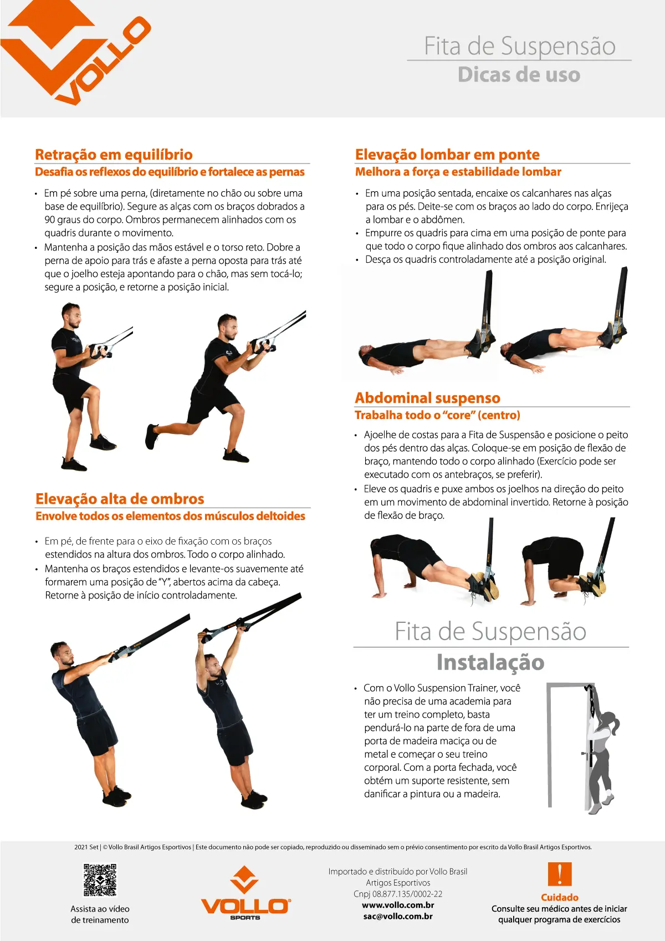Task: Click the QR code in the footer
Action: (100, 879)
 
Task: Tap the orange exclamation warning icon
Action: (559, 874)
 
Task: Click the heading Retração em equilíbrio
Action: (114, 155)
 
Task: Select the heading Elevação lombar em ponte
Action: (447, 155)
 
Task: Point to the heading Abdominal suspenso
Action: (427, 398)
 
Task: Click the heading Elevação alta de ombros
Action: (120, 499)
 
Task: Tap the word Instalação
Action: (490, 662)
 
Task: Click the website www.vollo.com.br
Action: (398, 905)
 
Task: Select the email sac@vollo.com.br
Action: (398, 916)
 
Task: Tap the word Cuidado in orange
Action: (559, 897)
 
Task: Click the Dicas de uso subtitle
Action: (519, 75)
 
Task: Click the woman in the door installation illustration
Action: (601, 748)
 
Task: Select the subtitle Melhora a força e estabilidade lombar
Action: (458, 172)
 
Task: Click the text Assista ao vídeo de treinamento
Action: (100, 914)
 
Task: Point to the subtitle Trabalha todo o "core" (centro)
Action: (437, 415)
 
